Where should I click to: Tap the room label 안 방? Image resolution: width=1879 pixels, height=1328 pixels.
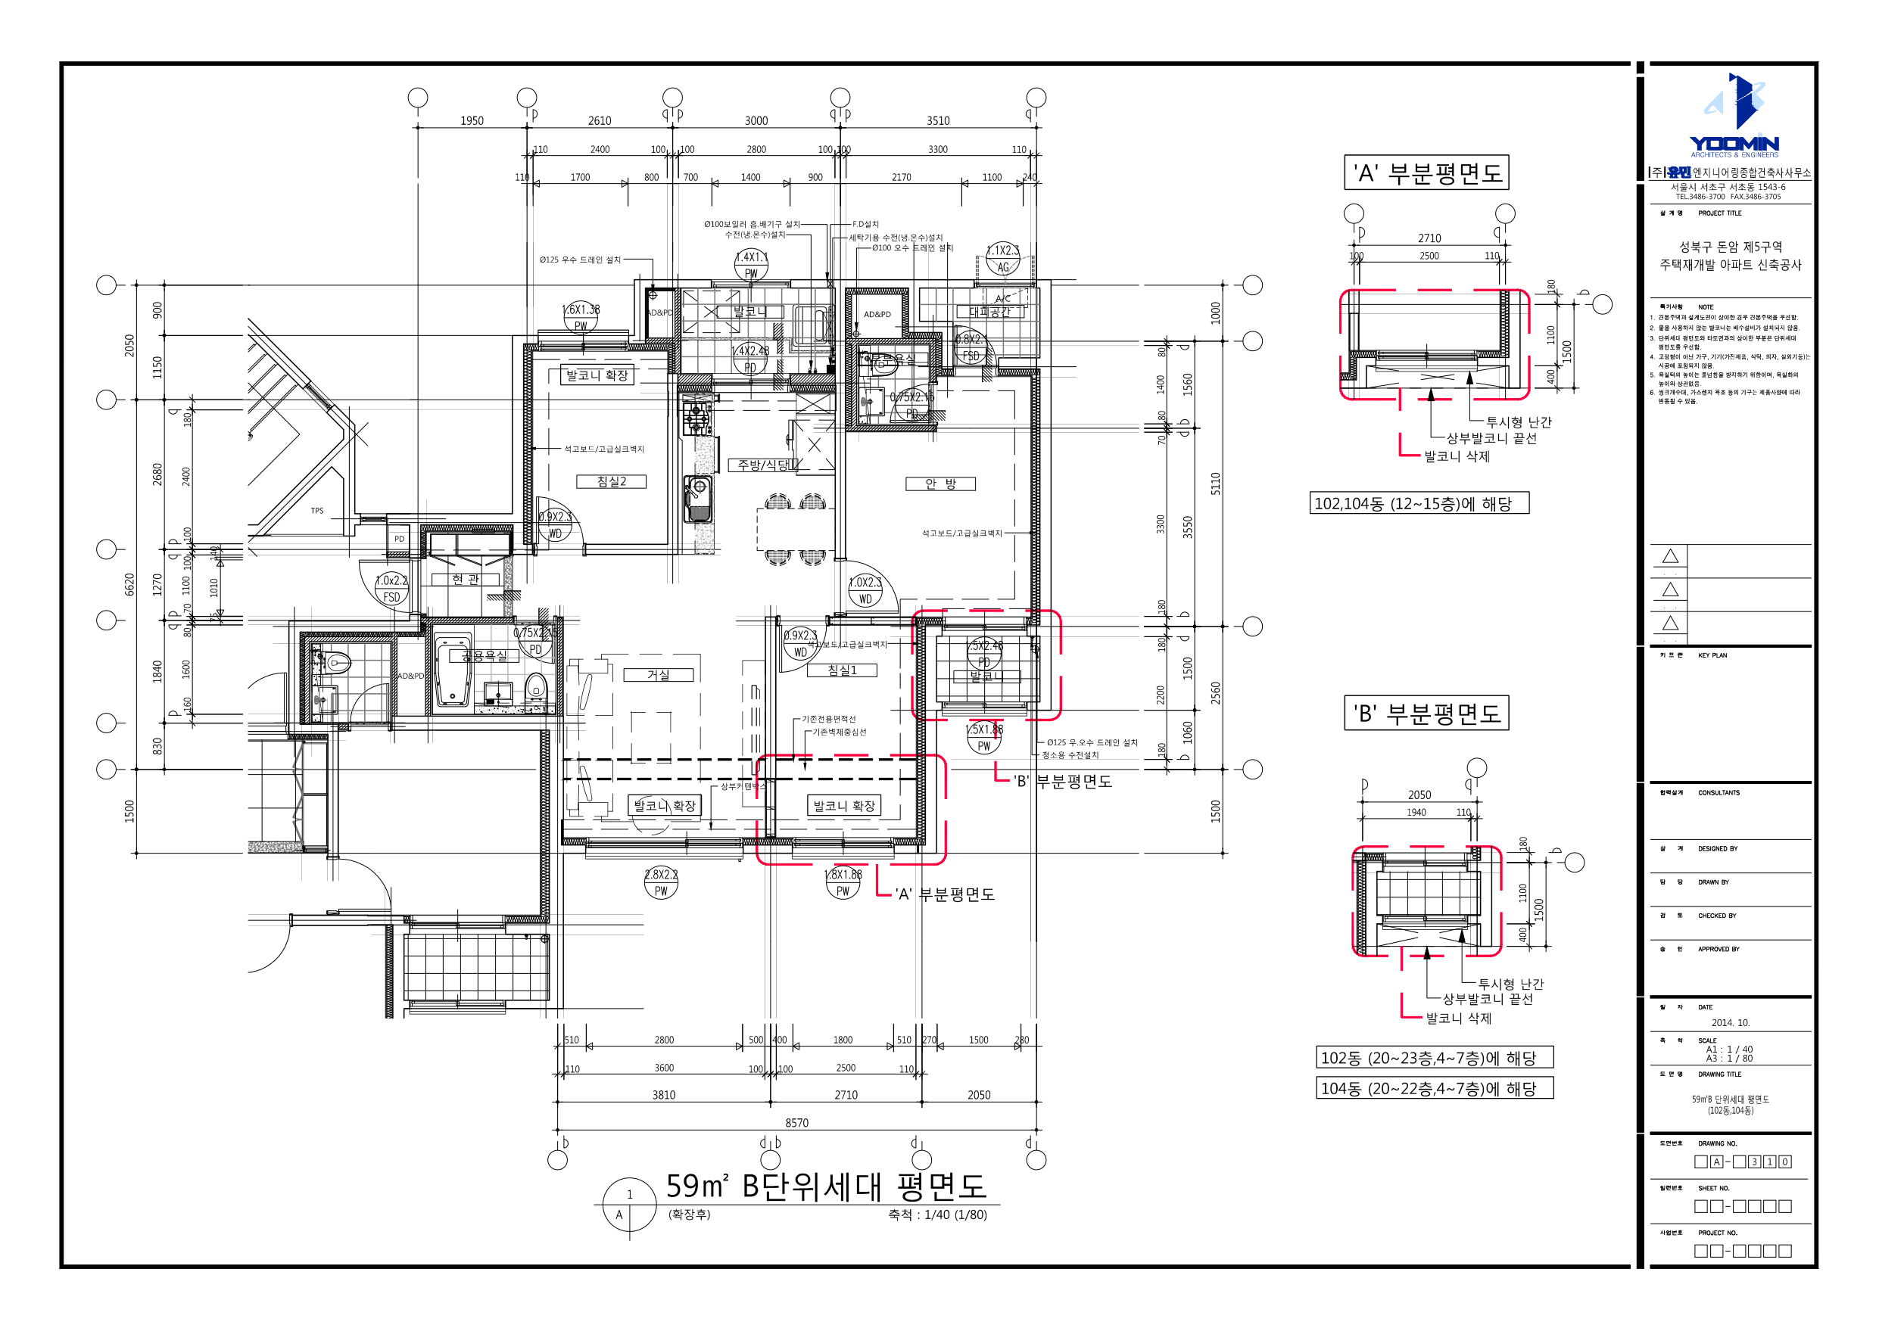[x=940, y=484]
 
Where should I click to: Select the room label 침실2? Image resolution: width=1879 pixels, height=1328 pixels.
[x=612, y=482]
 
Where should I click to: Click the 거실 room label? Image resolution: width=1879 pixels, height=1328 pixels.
[x=658, y=675]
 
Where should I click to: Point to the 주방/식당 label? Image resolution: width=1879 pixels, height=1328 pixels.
[x=763, y=465]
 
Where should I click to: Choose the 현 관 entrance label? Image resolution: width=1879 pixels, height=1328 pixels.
[x=466, y=580]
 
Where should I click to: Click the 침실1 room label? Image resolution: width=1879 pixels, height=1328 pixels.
[x=841, y=670]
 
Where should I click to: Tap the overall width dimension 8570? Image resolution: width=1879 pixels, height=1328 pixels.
[x=796, y=1123]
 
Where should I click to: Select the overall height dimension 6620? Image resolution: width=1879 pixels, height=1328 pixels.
[x=129, y=584]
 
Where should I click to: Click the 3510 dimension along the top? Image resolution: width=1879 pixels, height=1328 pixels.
[x=938, y=121]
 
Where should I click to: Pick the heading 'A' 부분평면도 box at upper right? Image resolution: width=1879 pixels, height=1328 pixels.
[x=1426, y=173]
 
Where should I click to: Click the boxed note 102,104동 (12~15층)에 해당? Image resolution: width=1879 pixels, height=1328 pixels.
[x=1419, y=503]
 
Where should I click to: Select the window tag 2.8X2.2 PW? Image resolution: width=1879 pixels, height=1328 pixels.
[x=661, y=883]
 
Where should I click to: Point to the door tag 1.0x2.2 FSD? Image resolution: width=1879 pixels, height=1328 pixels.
[x=391, y=588]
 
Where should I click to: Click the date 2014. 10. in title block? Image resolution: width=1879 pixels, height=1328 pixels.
[x=1730, y=1023]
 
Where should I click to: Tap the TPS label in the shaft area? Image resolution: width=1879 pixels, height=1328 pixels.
[x=316, y=511]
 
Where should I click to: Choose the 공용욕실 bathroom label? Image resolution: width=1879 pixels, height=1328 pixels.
[x=484, y=656]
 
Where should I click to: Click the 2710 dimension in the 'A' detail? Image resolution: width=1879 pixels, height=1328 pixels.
[x=1429, y=238]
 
